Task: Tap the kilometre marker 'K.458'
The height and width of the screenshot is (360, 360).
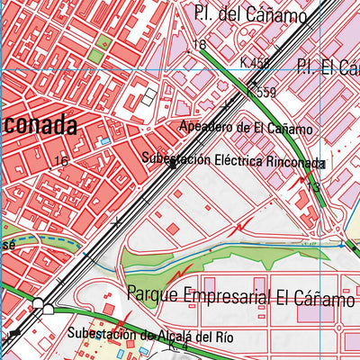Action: coord(255,63)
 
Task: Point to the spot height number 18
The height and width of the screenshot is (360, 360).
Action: coord(200,45)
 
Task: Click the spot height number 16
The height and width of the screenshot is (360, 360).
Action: coord(61,161)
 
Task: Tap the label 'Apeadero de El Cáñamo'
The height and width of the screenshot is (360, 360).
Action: coord(245,129)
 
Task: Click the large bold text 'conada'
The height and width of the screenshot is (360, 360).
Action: coord(38,125)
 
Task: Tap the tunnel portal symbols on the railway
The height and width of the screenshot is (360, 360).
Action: coord(40,307)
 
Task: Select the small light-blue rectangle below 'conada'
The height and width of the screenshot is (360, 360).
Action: coord(105,141)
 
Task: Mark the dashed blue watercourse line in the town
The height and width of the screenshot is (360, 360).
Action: coord(45,240)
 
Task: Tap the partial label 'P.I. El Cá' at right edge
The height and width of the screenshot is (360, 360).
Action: coord(328,67)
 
